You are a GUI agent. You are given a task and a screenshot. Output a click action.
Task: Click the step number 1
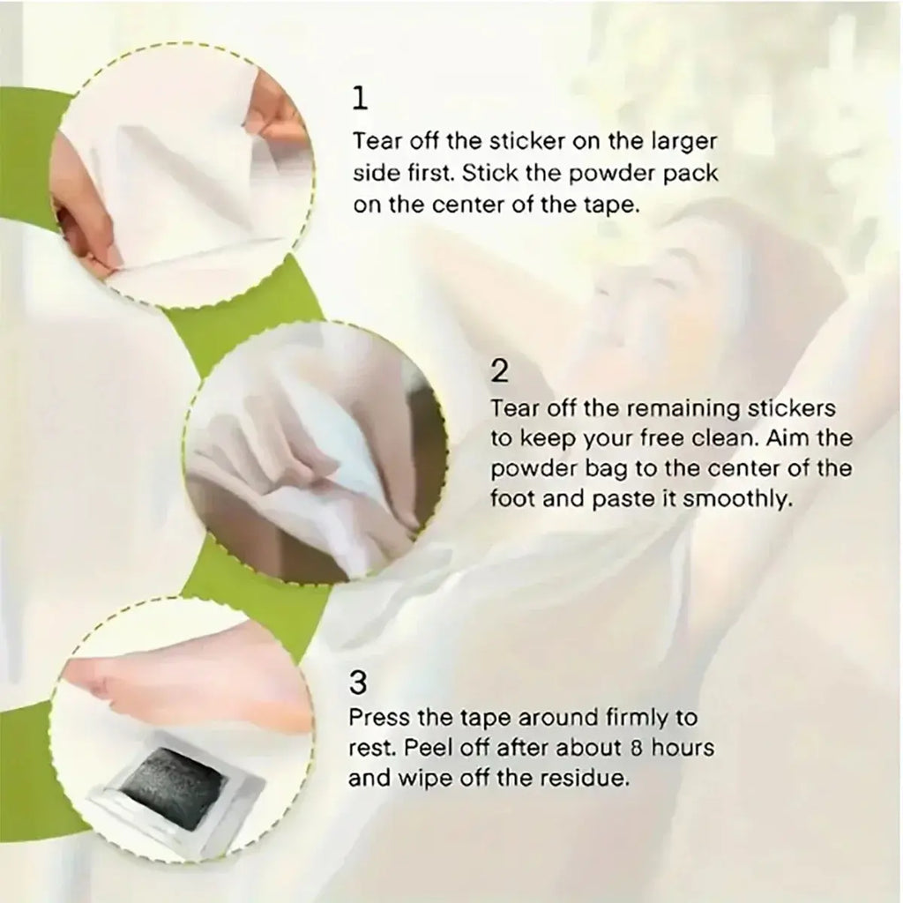[360, 99]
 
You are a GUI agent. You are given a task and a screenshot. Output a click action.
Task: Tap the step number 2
[499, 371]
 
